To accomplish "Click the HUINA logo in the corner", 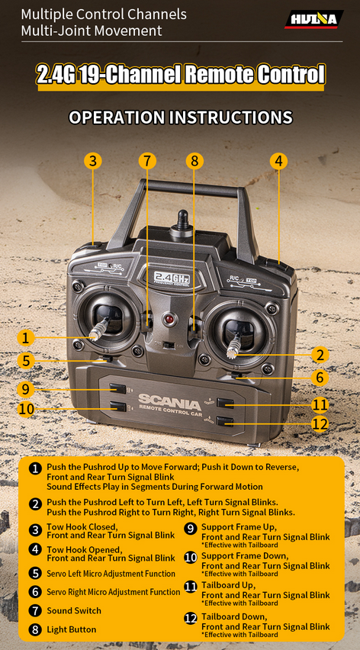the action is click(314, 19).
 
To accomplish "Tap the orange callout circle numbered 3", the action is click(93, 161).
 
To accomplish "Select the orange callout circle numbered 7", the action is click(147, 161).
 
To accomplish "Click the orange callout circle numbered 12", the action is click(320, 423).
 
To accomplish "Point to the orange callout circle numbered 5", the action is click(26, 360).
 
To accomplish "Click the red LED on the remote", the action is click(169, 320).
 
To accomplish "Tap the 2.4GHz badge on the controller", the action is click(172, 277).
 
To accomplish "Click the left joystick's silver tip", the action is click(95, 333).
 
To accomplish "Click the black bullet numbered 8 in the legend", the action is click(35, 629).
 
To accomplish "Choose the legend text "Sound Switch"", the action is click(74, 610).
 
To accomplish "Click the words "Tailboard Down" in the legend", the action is click(234, 616).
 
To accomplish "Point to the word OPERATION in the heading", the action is click(118, 117).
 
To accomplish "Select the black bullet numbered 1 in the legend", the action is click(35, 468).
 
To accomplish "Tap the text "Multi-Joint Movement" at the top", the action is click(91, 31).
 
